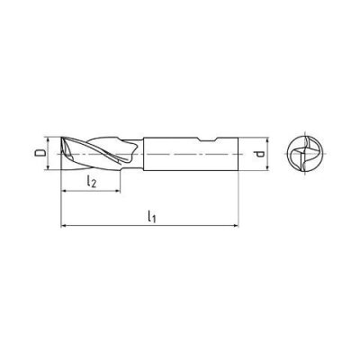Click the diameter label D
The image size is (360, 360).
point(40,153)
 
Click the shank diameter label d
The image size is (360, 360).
point(260,154)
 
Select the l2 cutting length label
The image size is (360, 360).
point(91,182)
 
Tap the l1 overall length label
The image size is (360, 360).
point(151,217)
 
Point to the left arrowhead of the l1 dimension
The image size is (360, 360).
point(64,225)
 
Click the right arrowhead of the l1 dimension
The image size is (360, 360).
point(236,225)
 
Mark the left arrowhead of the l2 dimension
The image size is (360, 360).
point(64,191)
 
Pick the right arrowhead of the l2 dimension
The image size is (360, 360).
point(117,191)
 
